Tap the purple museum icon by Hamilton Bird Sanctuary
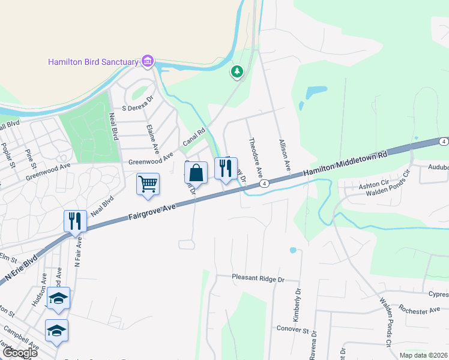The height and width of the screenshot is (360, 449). pyautogui.click(x=147, y=61)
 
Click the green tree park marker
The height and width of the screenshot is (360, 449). pyautogui.click(x=237, y=73)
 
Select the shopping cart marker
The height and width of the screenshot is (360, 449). pyautogui.click(x=148, y=184)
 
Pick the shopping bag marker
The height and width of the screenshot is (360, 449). pyautogui.click(x=196, y=173)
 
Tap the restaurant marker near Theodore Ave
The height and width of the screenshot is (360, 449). pyautogui.click(x=226, y=169)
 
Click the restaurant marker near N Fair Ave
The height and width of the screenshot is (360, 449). pyautogui.click(x=76, y=221)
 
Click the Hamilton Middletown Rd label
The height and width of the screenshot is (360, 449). pyautogui.click(x=345, y=164)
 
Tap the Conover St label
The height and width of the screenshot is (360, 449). pyautogui.click(x=292, y=329)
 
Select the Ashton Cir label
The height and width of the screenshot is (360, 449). pyautogui.click(x=374, y=186)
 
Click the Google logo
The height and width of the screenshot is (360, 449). pyautogui.click(x=19, y=353)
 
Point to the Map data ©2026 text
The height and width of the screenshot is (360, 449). pyautogui.click(x=423, y=355)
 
